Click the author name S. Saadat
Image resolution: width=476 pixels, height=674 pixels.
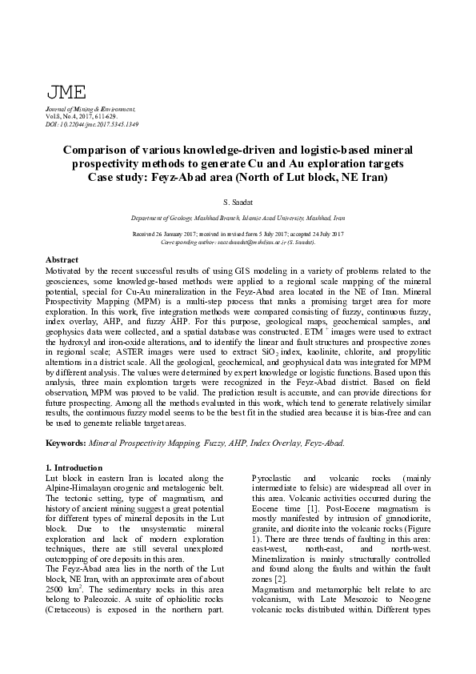point(238,203)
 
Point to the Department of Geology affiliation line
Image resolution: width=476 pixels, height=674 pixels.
point(238,217)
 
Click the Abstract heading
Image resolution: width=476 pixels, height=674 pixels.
point(62,261)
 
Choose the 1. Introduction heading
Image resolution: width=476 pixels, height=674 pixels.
point(74,467)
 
